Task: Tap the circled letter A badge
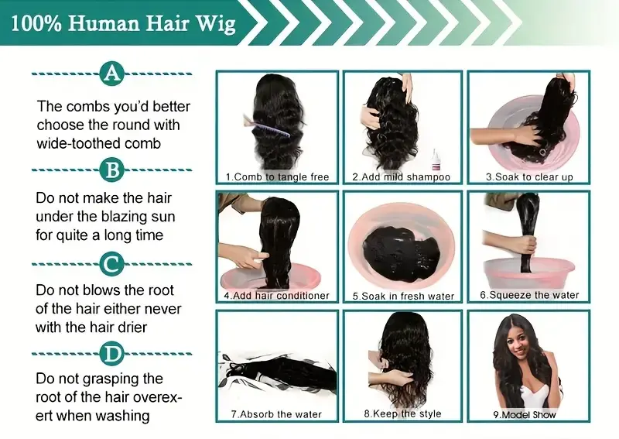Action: (112, 74)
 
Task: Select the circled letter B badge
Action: (112, 169)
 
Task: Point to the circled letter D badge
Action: (112, 355)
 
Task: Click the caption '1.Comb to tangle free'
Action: (277, 177)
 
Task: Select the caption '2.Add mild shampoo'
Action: (401, 177)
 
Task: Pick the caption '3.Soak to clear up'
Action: (529, 177)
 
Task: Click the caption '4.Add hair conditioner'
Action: (276, 296)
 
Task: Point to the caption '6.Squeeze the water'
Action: (529, 296)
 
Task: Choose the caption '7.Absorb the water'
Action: (276, 414)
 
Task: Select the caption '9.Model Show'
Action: (525, 415)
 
